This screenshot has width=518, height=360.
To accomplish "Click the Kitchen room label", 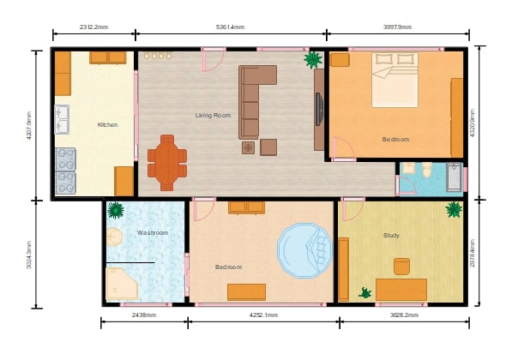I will [x=107, y=125].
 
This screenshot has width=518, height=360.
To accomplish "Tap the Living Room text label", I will [x=213, y=115].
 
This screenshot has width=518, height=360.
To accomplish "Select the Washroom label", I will [x=152, y=232].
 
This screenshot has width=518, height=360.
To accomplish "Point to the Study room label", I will [x=391, y=235].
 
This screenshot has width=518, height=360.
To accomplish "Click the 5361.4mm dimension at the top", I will [x=232, y=27].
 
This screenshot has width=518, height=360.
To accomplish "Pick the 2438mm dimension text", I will [x=143, y=315].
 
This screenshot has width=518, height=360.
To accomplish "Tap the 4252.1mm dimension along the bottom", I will [x=262, y=315].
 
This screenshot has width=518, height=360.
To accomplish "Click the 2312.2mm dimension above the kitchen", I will [x=93, y=27].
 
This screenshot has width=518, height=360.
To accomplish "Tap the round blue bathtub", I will [x=304, y=249].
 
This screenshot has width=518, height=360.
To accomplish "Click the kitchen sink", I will [x=63, y=120].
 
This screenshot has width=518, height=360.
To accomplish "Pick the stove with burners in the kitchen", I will [x=65, y=171].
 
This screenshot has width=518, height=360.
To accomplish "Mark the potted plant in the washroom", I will [x=115, y=209].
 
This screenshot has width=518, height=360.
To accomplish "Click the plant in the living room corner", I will [x=313, y=60].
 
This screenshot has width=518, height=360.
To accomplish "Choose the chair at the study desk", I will [x=401, y=266].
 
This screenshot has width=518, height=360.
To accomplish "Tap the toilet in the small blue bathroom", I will [x=426, y=170].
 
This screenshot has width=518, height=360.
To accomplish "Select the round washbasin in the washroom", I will [x=114, y=237].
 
